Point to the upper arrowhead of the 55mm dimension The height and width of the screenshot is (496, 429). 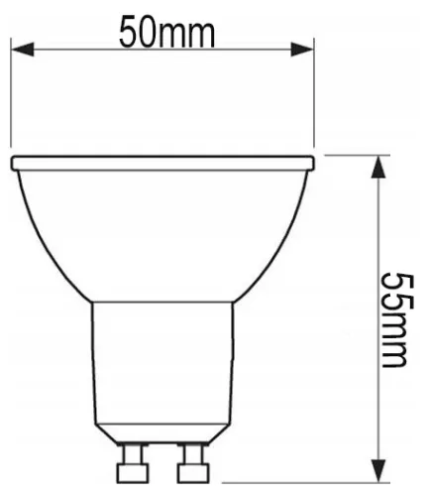[x=376, y=167]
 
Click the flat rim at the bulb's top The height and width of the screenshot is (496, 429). [x=163, y=161]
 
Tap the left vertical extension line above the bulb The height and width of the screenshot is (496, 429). [x=11, y=89]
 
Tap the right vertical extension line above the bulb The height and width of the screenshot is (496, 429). [x=316, y=89]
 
